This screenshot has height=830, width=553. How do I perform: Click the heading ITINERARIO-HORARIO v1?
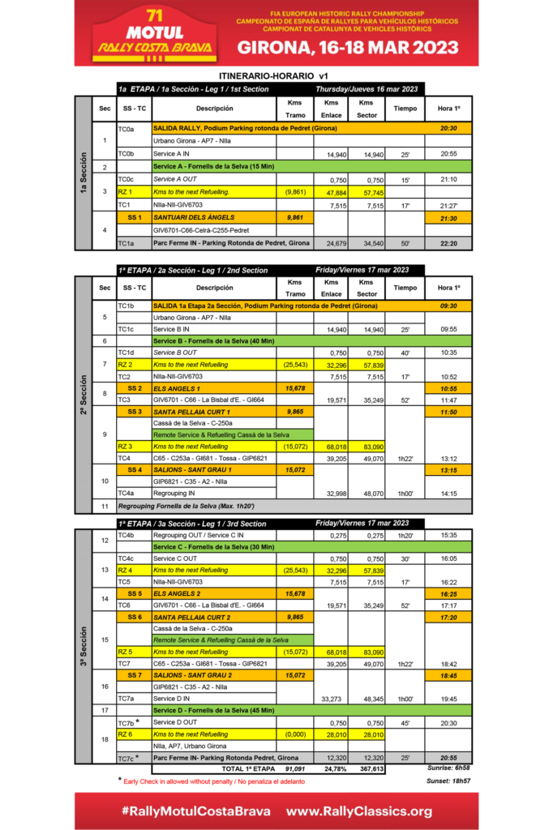(276, 76)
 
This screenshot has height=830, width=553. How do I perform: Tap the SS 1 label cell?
(134, 218)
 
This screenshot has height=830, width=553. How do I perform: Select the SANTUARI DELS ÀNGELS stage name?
(194, 218)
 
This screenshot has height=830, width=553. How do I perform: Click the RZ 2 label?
(125, 365)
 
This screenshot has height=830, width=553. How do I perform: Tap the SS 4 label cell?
(134, 470)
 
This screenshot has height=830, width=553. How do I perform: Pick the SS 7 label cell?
(134, 675)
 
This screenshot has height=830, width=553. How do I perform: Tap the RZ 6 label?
(125, 734)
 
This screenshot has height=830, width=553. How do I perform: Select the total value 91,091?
(294, 768)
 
